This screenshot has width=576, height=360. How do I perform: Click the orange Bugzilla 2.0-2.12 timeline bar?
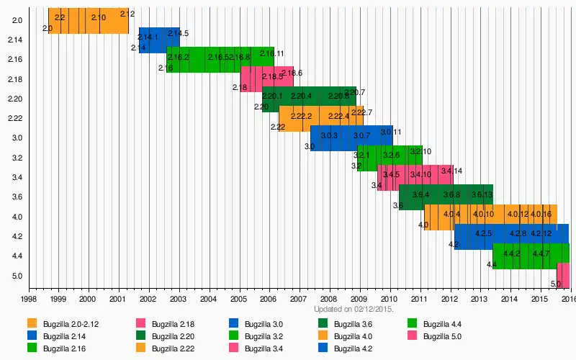[x=88, y=20]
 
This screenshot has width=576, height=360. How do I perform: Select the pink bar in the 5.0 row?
[x=563, y=275]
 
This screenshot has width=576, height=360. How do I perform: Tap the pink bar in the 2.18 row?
[x=266, y=76]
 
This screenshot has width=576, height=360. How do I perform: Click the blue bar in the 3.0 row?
[x=351, y=138]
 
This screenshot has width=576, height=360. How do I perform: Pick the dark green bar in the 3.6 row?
[x=445, y=197]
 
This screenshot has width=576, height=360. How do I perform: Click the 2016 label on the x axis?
[x=567, y=299]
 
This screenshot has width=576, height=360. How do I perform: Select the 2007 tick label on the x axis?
[x=298, y=299]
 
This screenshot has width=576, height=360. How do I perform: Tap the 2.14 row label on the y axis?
[x=17, y=40]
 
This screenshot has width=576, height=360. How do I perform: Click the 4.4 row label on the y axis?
[x=17, y=256]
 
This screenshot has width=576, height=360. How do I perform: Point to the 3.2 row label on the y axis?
[x=17, y=158]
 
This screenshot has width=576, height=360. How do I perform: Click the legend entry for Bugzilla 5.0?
[x=441, y=336]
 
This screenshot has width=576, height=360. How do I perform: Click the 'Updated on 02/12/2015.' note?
[x=354, y=309]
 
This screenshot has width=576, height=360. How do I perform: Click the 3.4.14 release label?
[x=451, y=171]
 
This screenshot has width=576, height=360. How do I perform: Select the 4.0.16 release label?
[x=540, y=214]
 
